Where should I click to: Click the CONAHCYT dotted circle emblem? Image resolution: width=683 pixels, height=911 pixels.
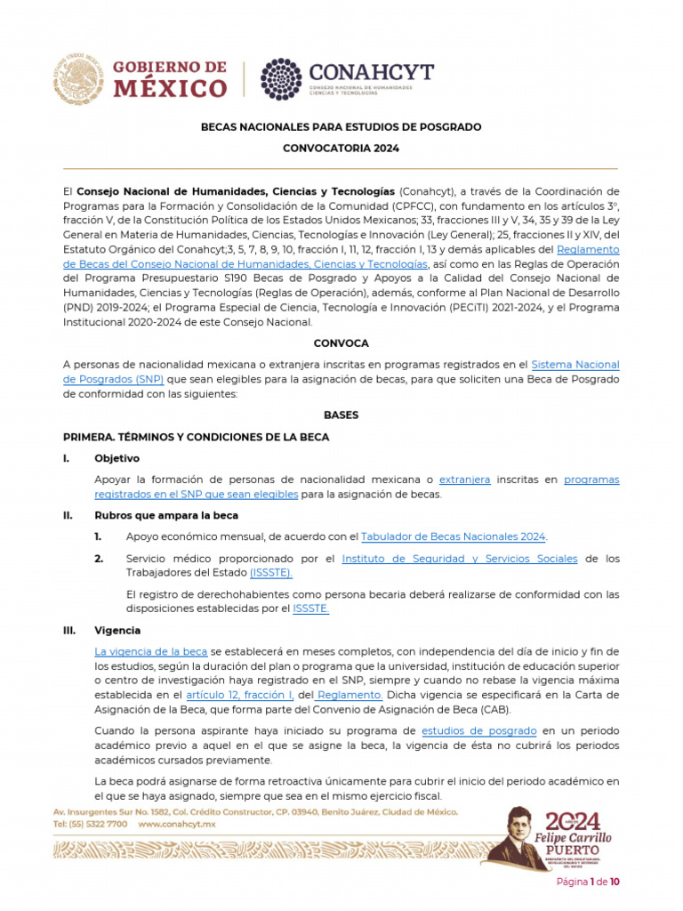tap(280, 79)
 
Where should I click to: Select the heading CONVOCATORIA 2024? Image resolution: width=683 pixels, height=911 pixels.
tap(341, 149)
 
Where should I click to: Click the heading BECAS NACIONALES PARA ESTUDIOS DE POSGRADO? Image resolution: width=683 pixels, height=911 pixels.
tap(341, 127)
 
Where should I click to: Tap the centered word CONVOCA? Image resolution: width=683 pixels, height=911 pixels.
tap(341, 343)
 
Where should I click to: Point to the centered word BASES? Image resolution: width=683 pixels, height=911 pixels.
tap(341, 415)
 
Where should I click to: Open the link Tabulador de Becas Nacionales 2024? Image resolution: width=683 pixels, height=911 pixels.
tap(454, 536)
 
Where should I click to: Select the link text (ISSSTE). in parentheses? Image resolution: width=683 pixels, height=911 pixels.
tap(270, 573)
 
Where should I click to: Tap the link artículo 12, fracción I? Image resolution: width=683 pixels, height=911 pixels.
tap(240, 695)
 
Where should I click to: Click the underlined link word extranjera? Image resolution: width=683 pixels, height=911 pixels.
tap(465, 480)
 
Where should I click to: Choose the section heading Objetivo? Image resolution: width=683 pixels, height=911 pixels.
tap(117, 458)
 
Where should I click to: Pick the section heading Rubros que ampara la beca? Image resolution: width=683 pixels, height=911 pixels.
tap(166, 515)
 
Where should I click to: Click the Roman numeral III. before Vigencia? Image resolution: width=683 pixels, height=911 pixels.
tap(69, 631)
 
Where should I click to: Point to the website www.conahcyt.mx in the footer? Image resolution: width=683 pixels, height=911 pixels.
tap(177, 825)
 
